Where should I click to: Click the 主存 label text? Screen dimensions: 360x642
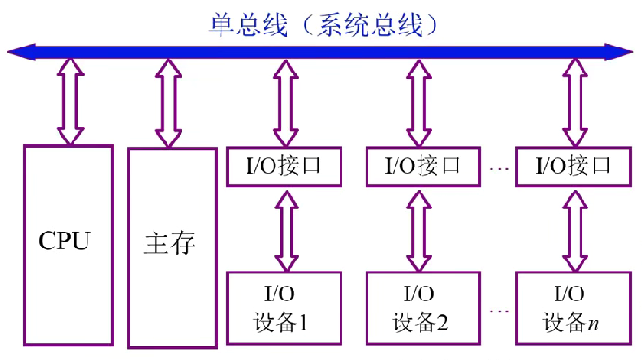coord(170,244)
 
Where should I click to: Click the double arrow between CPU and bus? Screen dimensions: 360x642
coord(70,100)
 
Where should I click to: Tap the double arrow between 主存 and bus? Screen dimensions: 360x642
coord(167,102)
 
